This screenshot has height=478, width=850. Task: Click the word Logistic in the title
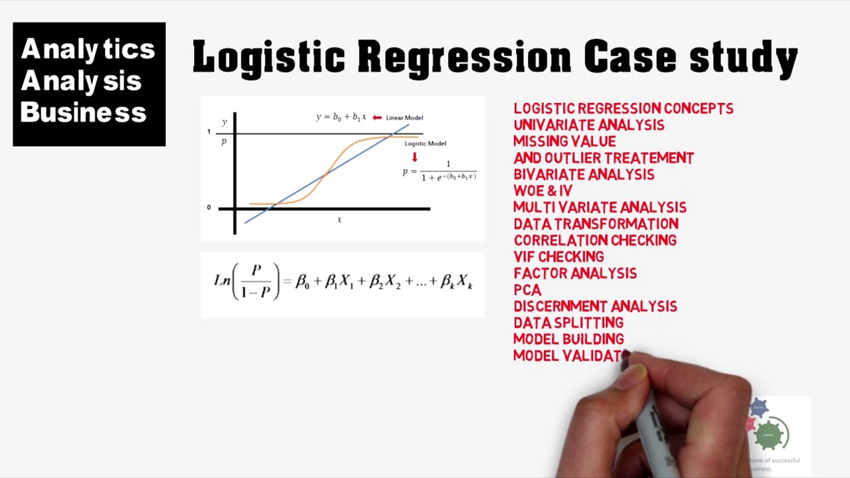tap(268, 57)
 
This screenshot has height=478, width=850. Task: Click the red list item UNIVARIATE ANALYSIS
tap(588, 125)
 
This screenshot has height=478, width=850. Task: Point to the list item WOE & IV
tap(543, 191)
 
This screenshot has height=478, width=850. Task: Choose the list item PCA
tap(527, 290)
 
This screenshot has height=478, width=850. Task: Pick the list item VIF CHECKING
tap(558, 257)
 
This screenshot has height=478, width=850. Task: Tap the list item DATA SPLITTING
tap(568, 323)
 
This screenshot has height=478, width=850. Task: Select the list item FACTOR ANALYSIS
tap(575, 274)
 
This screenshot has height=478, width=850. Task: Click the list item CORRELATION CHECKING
tap(595, 240)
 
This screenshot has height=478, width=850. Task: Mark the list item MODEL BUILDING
tap(568, 339)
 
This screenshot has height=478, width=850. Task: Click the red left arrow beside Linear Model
tap(377, 118)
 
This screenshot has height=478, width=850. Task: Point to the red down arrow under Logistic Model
tap(415, 157)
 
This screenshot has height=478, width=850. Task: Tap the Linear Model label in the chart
tap(404, 118)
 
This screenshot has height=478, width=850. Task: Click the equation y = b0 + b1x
tap(341, 117)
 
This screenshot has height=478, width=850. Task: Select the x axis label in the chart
tap(339, 220)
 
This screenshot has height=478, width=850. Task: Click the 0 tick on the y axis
tap(209, 207)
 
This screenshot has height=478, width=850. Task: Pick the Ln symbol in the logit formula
tap(222, 281)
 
